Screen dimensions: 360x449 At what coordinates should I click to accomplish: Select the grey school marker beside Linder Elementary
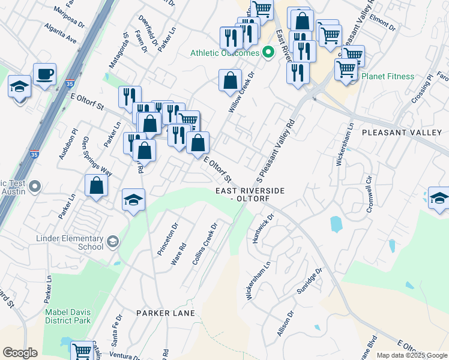112,242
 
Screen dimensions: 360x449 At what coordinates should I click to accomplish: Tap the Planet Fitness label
387,76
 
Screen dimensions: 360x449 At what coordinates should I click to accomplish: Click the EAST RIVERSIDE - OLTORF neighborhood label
249,194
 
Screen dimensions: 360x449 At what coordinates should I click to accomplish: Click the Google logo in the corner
20,353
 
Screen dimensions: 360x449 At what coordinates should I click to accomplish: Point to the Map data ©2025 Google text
411,355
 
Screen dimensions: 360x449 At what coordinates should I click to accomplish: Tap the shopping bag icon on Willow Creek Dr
230,81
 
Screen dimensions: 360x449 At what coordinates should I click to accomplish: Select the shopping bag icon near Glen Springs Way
96,186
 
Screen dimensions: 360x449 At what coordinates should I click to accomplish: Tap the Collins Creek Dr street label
203,242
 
